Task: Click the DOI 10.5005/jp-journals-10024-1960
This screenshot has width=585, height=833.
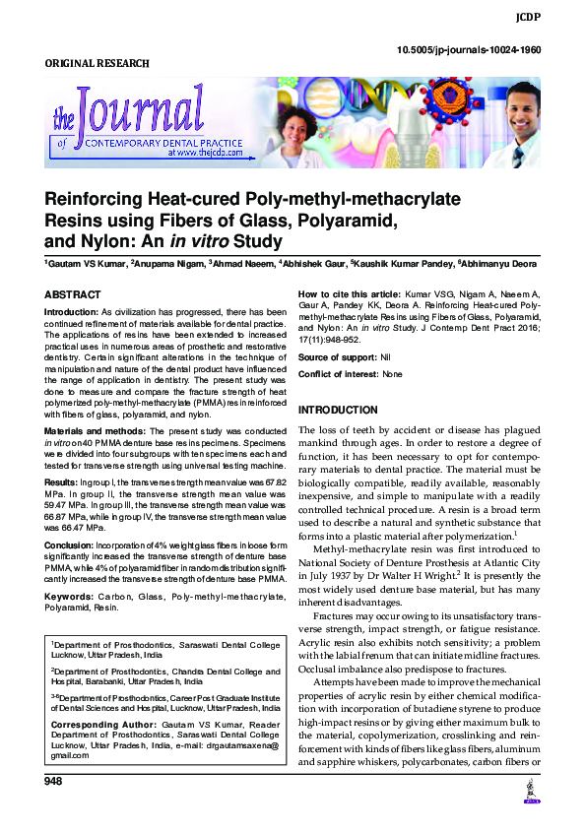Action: coord(483,48)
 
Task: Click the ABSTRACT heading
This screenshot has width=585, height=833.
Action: coord(73,294)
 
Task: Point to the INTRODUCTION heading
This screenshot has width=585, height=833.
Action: coord(338,409)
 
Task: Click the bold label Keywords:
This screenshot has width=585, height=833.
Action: coord(69,597)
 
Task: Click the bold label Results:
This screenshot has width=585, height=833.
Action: coord(62,481)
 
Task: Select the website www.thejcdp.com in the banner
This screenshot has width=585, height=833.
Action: coord(205,153)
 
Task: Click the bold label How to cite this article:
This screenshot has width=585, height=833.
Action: coord(349,294)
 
